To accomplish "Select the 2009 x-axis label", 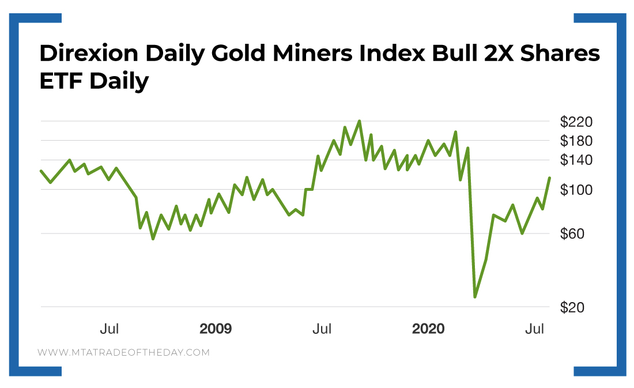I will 216,329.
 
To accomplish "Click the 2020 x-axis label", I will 428,329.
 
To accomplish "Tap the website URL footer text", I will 124,352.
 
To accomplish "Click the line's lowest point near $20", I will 475,297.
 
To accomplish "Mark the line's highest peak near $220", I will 359,121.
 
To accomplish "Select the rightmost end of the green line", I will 550,178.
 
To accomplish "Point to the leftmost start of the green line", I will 41,171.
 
